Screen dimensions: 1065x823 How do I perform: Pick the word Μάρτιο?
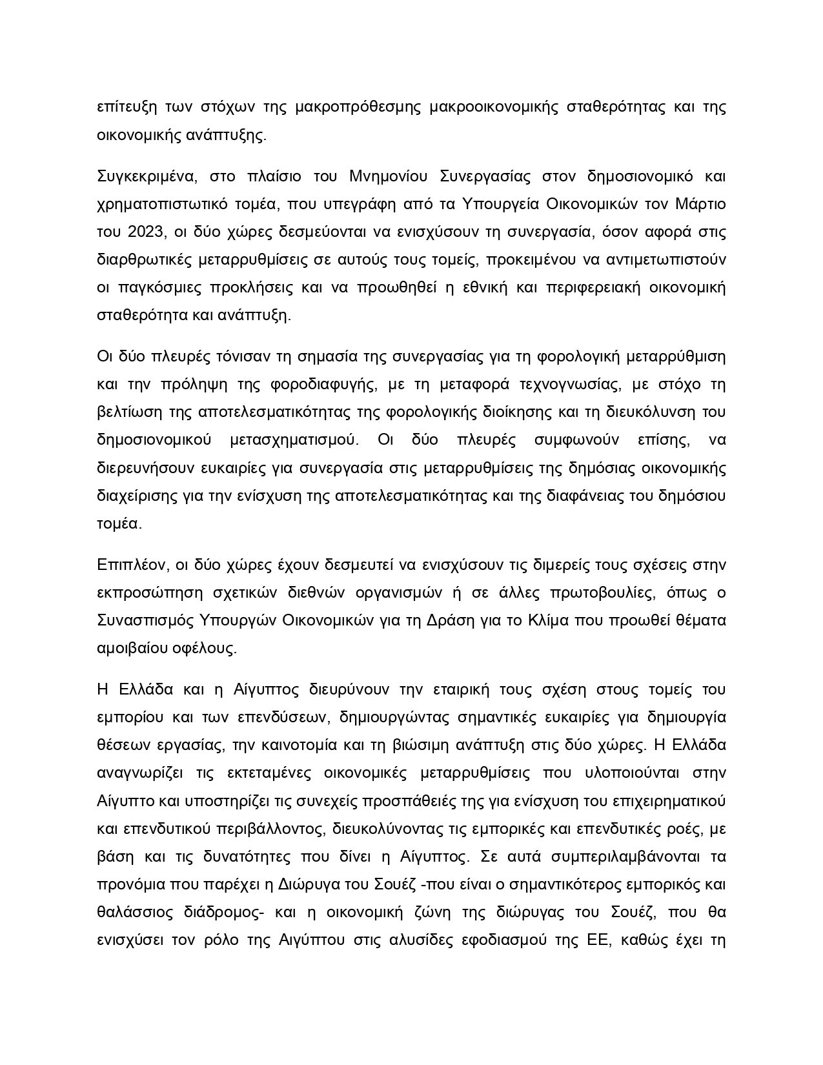click(x=700, y=205)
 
